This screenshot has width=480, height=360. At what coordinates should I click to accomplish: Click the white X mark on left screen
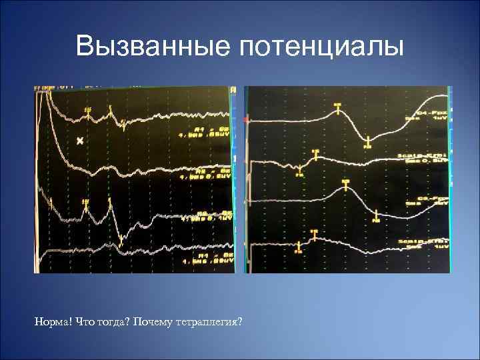click(81, 141)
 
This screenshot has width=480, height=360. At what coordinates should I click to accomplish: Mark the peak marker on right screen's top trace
click(337, 106)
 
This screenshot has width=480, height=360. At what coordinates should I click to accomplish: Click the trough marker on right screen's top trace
click(367, 140)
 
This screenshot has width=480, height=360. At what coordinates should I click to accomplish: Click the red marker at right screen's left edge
click(247, 120)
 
